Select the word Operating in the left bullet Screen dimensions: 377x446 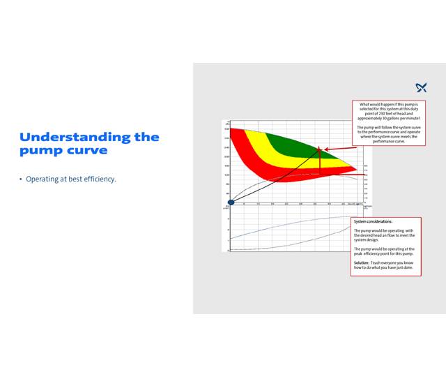coord(41,179)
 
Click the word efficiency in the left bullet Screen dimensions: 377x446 coord(98,179)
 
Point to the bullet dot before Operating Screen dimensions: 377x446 coord(21,179)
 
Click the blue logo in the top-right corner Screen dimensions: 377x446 coord(421,87)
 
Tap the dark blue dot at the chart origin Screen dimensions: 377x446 coord(231,203)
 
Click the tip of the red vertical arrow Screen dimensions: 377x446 coord(320,149)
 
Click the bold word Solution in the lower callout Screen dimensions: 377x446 coord(361,262)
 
